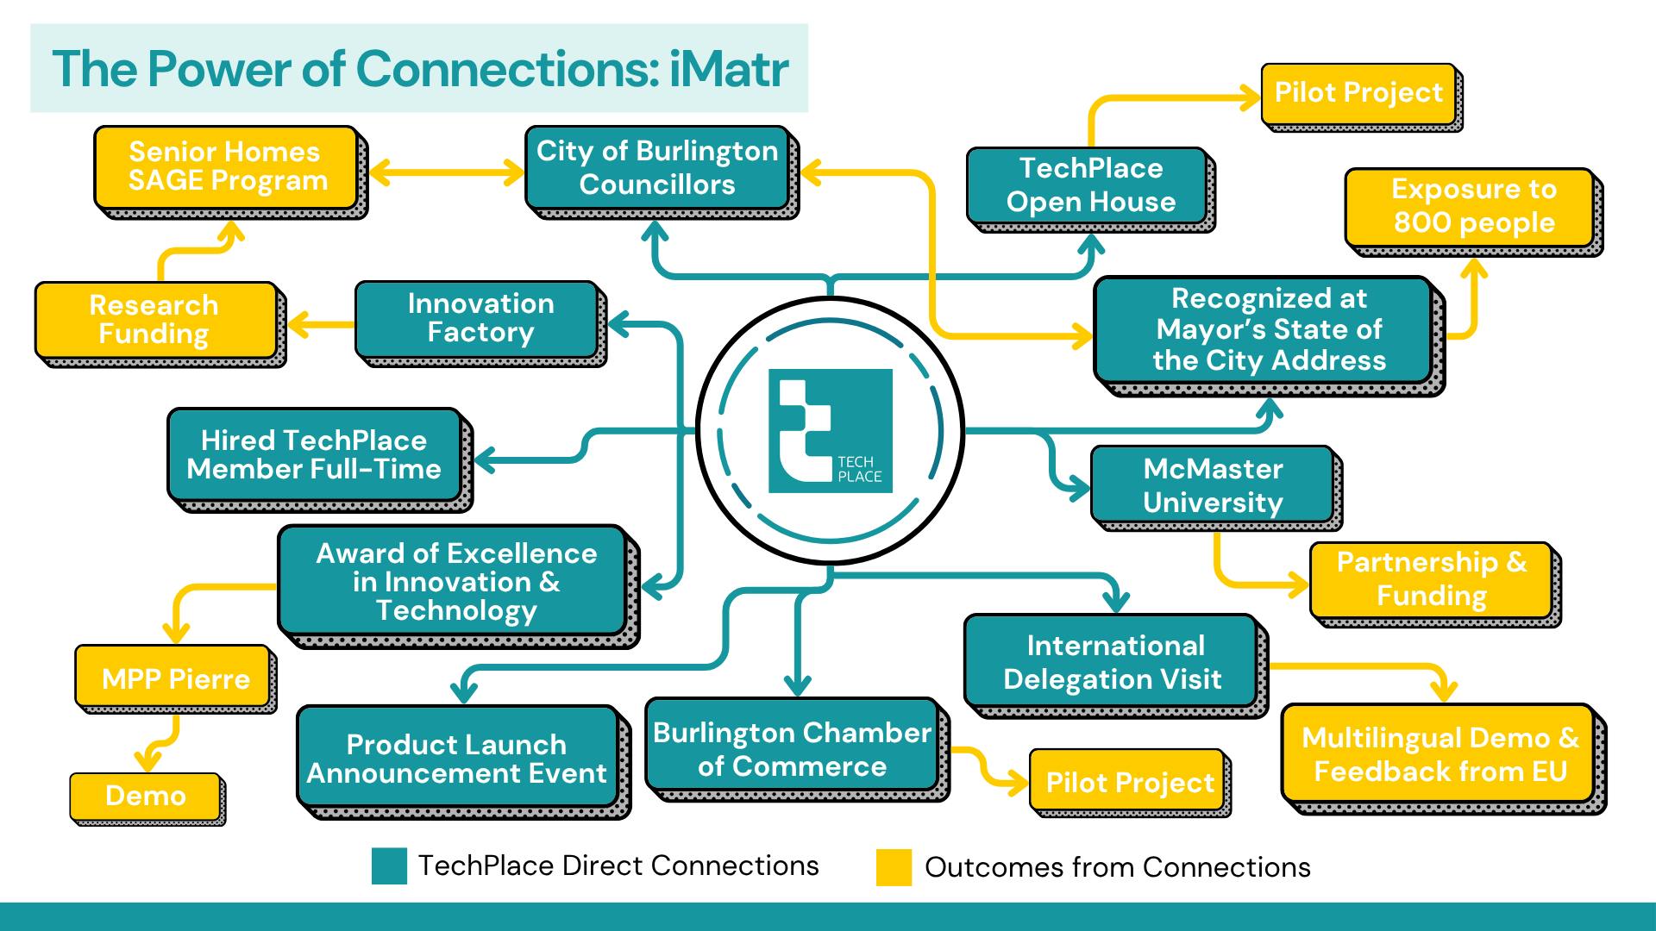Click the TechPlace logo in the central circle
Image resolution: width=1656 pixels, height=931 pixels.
[x=830, y=431]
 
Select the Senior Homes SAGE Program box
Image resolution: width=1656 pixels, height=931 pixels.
[x=227, y=167]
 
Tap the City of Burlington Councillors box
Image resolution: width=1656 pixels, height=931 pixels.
[x=657, y=168]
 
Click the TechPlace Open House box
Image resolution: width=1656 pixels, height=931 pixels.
[x=1090, y=185]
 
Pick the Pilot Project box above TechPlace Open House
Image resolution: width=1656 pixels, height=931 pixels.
[x=1358, y=93]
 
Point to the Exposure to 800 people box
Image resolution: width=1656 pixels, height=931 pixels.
[x=1473, y=207]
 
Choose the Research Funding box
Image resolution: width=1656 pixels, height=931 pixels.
[x=155, y=320]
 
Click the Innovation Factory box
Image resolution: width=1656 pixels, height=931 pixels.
[x=480, y=318]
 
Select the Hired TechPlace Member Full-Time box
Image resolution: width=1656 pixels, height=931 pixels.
[x=315, y=455]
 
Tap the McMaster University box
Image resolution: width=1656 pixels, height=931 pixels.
[x=1213, y=485]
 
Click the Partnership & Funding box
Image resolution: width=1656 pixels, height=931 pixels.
[x=1432, y=579]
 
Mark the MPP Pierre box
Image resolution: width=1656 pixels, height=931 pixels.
[x=175, y=678]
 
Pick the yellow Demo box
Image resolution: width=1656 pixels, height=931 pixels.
[x=145, y=796]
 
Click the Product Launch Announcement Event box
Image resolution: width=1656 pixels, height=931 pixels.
[x=457, y=759]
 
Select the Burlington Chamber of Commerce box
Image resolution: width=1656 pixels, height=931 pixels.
[x=792, y=748]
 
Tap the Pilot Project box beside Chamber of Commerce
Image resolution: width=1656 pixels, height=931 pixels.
[x=1129, y=783]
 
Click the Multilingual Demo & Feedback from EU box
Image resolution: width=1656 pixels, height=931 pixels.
[x=1440, y=754]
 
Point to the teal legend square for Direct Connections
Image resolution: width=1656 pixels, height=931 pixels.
[x=389, y=866]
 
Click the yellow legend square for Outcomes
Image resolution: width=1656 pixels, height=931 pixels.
[x=894, y=867]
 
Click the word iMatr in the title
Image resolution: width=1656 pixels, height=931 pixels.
[x=729, y=69]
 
